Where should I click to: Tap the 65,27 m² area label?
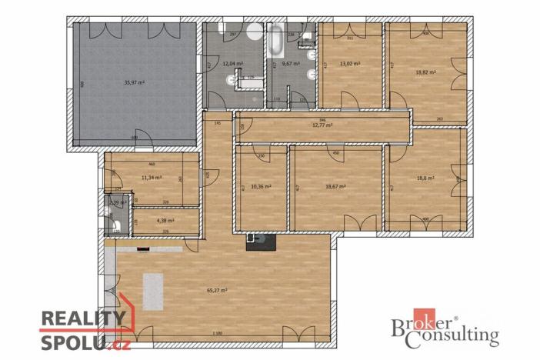point(218,291)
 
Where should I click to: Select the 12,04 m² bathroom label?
point(232,64)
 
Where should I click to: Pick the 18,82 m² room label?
point(426,72)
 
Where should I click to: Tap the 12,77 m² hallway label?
point(322,125)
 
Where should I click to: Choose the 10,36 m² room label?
point(262,186)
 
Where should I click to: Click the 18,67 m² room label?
point(335,186)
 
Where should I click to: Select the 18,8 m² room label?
point(425,178)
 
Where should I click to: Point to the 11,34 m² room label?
point(151,177)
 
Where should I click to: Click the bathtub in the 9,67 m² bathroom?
point(276,38)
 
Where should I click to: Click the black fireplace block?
point(258,242)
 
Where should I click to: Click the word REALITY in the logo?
point(82,318)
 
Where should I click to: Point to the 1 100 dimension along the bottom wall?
point(218,332)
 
